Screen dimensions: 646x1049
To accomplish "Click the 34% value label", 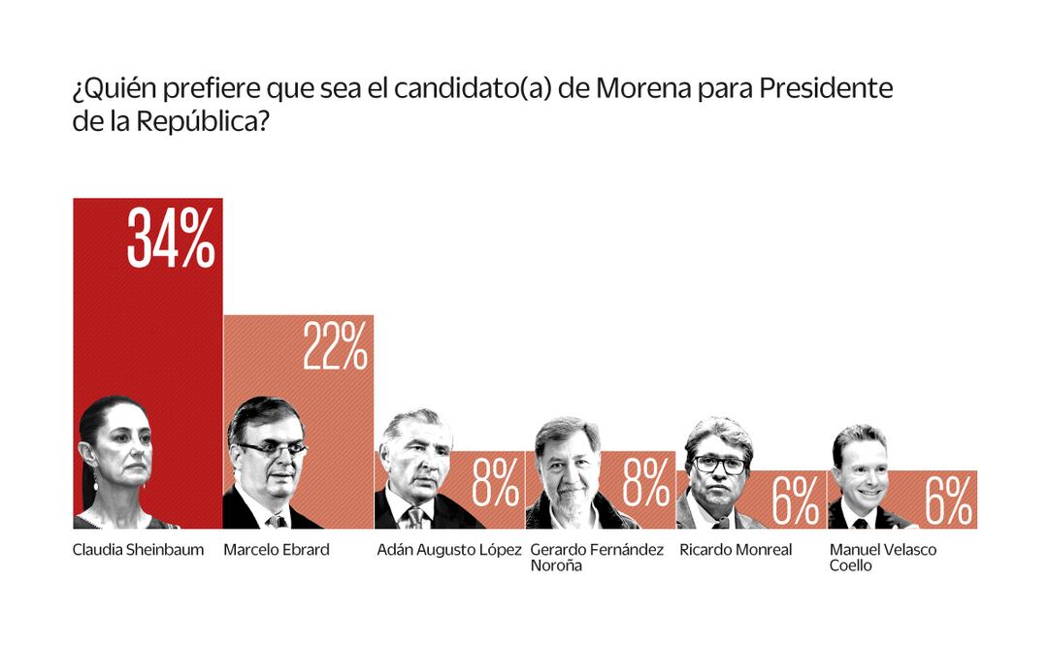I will click(171, 239).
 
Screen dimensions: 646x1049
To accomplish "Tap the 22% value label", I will click(335, 346).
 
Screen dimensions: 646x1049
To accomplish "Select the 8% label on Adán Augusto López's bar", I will click(495, 483).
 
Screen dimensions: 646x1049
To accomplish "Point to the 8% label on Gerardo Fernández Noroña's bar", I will click(646, 483).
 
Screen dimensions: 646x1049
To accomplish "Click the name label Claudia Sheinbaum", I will click(139, 550).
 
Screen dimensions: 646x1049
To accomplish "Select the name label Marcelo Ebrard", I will click(277, 550).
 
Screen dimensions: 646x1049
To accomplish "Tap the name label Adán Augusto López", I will click(449, 550).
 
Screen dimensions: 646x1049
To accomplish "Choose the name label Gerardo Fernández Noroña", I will click(597, 557).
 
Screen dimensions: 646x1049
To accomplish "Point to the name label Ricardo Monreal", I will click(736, 550).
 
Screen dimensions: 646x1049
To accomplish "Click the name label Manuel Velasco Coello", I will click(869, 557).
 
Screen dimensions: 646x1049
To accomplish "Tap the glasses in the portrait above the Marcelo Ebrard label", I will click(273, 449).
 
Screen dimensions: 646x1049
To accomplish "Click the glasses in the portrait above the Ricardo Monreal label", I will click(719, 465).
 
